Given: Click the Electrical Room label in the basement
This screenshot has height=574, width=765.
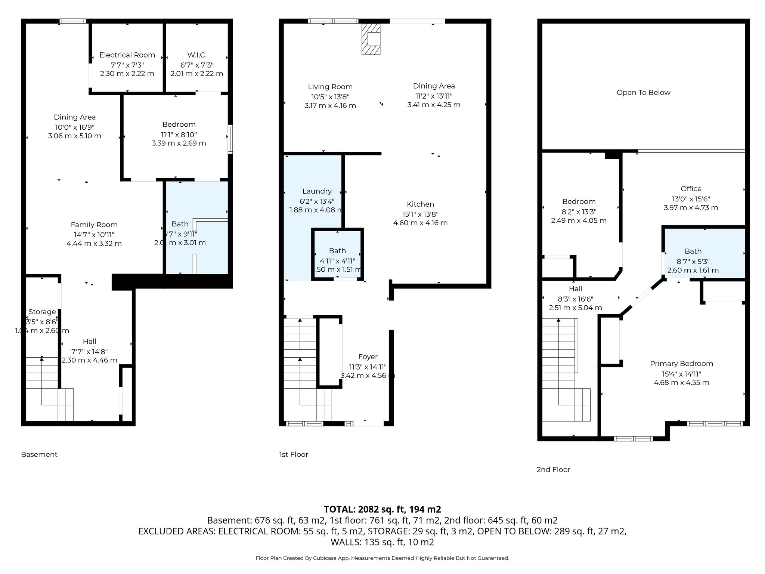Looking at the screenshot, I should point(127,55).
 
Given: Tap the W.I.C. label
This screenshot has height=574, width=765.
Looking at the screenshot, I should point(196,55).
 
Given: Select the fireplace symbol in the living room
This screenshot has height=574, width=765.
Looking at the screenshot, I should point(371,39).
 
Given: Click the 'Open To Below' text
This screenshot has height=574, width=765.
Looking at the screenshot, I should point(643,93).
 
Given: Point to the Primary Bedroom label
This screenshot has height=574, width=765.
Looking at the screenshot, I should point(681,364).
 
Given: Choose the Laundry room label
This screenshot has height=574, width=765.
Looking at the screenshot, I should point(317,191).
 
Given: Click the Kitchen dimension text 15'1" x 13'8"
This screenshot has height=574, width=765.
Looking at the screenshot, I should point(420,214).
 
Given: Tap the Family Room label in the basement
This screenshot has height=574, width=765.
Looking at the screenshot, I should point(94,225).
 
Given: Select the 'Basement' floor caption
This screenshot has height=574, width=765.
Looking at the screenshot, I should point(39,454).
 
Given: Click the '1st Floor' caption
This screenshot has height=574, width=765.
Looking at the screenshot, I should point(294,454).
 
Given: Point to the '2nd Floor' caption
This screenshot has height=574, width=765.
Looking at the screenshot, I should point(553,469).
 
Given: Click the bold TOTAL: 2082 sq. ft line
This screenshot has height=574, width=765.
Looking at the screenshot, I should point(382,509).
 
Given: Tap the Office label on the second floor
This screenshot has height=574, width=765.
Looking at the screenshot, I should point(691,189).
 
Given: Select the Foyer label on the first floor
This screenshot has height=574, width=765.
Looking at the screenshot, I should point(368,357).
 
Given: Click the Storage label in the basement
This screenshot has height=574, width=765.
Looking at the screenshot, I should point(42,312).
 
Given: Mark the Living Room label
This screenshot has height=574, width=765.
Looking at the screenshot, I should point(330,87).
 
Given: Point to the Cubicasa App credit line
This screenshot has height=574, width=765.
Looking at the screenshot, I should point(382,558).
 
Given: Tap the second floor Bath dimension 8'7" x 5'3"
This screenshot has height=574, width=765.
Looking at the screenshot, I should point(693,262).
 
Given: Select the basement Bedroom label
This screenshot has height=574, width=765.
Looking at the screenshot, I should point(179,124).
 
